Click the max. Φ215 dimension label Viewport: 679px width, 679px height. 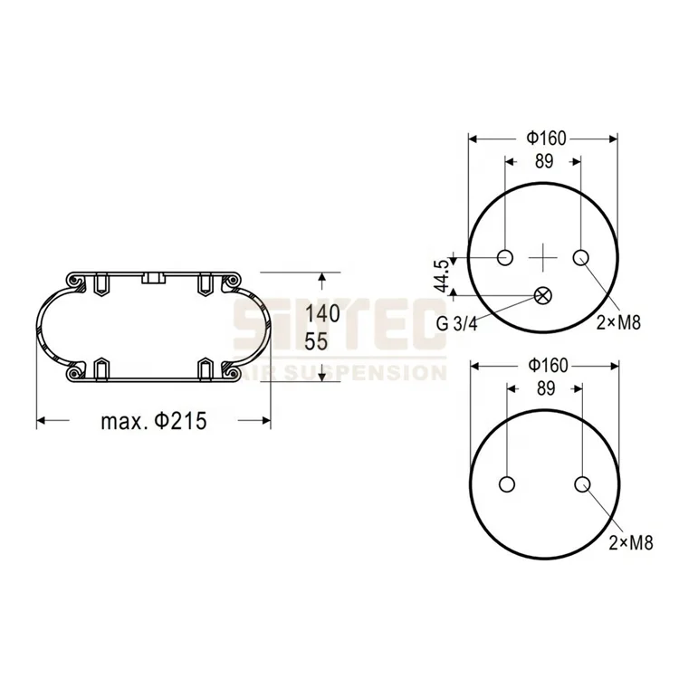[x=153, y=421]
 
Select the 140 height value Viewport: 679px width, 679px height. [x=321, y=314]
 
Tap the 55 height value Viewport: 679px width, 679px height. [x=316, y=342]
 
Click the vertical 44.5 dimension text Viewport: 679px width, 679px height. [x=441, y=275]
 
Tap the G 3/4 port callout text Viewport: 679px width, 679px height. [x=461, y=323]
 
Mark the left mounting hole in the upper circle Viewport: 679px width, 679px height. [x=505, y=258]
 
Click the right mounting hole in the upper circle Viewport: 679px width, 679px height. [x=580, y=258]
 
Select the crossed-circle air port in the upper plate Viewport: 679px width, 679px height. [x=543, y=294]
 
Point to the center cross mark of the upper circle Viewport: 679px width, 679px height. [x=543, y=258]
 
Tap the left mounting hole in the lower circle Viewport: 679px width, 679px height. [x=505, y=483]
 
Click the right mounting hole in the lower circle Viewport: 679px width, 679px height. [x=580, y=483]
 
